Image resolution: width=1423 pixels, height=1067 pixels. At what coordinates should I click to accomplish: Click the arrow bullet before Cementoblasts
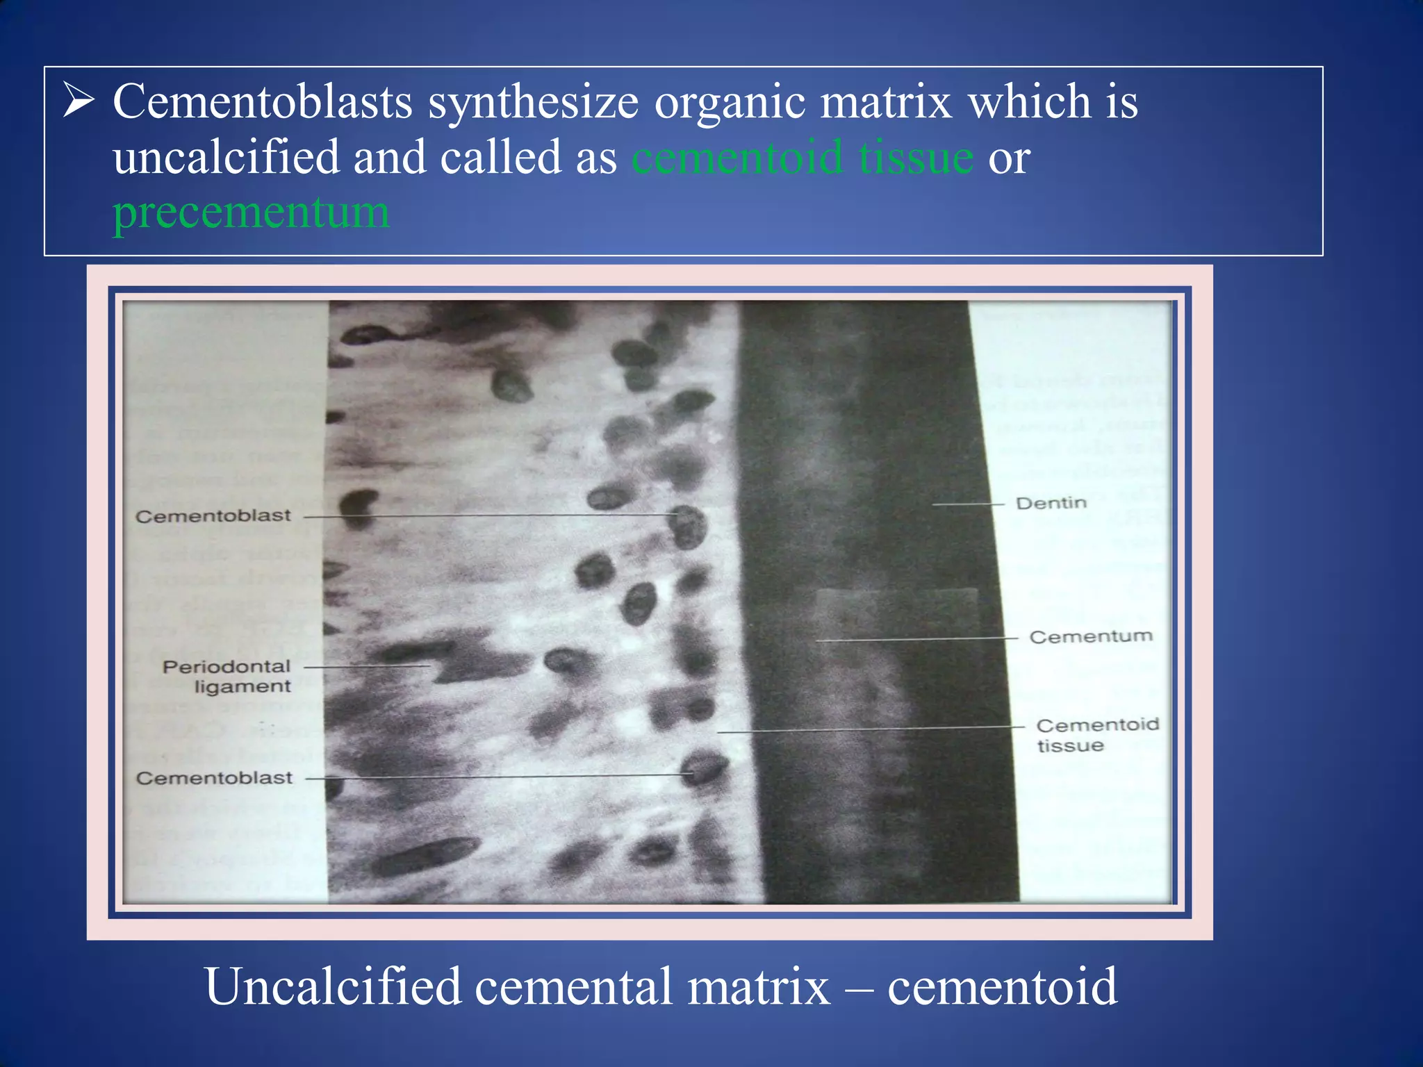click(x=79, y=101)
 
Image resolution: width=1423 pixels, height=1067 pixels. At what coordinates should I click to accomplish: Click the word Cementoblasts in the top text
click(x=263, y=102)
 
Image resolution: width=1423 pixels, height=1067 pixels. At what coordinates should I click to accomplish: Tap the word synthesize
click(x=533, y=102)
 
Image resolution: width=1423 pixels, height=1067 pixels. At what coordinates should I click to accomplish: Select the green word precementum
click(x=251, y=213)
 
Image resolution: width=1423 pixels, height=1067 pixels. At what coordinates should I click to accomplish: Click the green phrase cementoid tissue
click(x=803, y=158)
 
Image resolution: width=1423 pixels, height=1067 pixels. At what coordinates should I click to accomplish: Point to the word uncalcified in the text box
click(x=225, y=158)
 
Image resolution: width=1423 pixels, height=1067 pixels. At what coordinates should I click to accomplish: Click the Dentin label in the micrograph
click(x=1051, y=503)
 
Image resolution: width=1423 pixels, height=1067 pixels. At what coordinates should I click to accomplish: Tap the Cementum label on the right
click(x=1090, y=636)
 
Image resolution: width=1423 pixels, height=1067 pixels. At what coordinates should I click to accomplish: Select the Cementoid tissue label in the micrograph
click(x=1096, y=734)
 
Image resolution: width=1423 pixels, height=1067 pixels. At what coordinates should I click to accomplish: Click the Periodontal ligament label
click(x=227, y=676)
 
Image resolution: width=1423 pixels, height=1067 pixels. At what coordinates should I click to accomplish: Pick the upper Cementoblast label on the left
click(x=213, y=516)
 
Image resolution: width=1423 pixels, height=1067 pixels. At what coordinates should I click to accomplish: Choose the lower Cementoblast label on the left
click(x=214, y=778)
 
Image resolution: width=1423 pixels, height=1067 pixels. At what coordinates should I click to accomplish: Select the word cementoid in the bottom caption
click(x=1002, y=986)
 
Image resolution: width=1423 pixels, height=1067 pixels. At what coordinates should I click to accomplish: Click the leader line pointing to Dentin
click(x=968, y=504)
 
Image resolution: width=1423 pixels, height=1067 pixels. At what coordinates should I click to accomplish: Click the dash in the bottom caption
click(x=859, y=989)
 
